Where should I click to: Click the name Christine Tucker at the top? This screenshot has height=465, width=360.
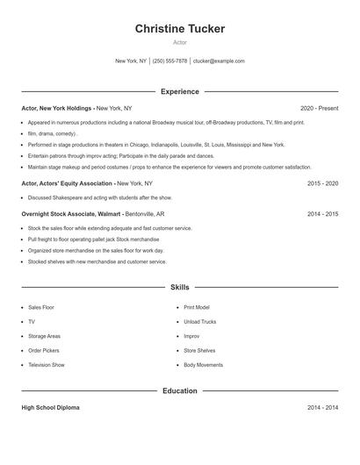tap(179, 29)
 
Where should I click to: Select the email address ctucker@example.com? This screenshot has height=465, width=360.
tap(219, 61)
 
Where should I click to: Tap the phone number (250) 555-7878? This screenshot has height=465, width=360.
tap(170, 61)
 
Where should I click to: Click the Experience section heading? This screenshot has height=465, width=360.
tap(179, 91)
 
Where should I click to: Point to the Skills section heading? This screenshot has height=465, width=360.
tap(179, 287)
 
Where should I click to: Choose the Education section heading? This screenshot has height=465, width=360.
tap(179, 390)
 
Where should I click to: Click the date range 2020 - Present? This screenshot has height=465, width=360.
tap(319, 108)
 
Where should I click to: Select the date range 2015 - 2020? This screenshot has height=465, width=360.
tap(322, 183)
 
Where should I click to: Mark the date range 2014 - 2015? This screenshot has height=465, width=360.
tap(322, 213)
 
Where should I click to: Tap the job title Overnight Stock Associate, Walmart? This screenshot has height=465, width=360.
tap(71, 213)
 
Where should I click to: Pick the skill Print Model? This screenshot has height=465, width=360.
tap(197, 308)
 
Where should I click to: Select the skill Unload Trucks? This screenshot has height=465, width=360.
tap(199, 322)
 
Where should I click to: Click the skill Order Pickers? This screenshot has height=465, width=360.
tap(45, 350)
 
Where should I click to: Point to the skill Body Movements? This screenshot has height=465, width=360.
tap(203, 364)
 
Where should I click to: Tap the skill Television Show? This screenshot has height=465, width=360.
tap(47, 364)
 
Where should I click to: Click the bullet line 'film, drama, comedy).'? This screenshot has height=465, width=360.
tap(53, 134)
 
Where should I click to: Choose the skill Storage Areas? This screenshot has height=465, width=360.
tap(44, 336)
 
